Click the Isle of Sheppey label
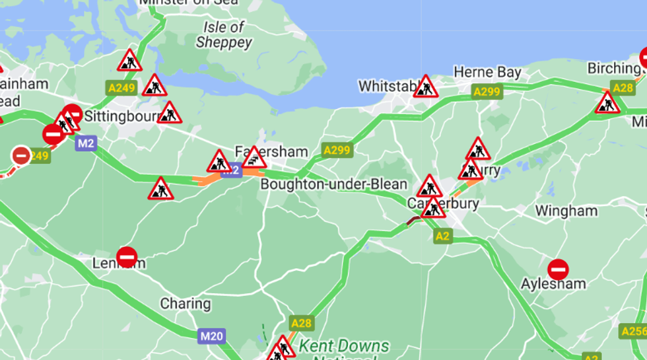coord(224,35)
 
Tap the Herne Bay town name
coord(487,72)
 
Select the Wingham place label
coord(566,211)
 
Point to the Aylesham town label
coord(553,284)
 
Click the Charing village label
coord(186,305)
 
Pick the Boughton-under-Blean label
coord(333,184)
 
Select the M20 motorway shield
coord(212,336)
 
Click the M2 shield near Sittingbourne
coord(86,143)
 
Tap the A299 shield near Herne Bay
coord(487,92)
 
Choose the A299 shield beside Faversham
coord(337,151)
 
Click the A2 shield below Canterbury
coord(443,236)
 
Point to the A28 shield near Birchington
coord(623,88)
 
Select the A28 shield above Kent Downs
coord(301,323)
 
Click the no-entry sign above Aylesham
coord(558,269)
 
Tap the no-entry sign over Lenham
coord(126,257)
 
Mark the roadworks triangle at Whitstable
coord(426,87)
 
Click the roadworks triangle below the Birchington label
coord(607,103)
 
